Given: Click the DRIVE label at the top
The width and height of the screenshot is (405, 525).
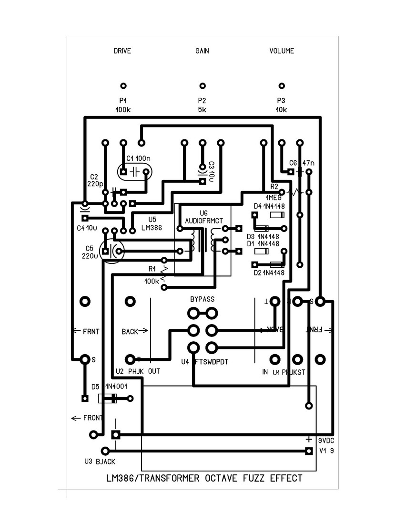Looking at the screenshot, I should coord(122,51).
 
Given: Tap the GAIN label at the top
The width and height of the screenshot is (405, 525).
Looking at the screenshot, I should coord(202,51).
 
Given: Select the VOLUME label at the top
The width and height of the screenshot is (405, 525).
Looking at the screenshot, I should coord(282,51).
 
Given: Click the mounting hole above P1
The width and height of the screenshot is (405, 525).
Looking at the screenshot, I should coord(123,86).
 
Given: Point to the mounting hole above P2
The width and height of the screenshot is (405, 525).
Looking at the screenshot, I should coord(202,86).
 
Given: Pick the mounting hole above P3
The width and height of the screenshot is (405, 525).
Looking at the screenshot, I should coord(282,86).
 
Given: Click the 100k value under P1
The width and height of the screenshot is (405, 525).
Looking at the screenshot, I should coord(123,110).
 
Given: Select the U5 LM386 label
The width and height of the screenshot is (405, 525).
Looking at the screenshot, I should coord(152,224).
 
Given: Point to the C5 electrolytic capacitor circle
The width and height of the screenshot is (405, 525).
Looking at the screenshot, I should coord(111,251).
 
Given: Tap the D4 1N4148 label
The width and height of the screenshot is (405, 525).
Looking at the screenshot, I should coord(269,206).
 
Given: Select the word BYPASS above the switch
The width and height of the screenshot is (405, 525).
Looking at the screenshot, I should coord(202,299).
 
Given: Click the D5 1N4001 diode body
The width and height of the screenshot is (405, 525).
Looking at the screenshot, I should coord(107,399).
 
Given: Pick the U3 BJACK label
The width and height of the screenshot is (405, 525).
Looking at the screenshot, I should coord(100,462).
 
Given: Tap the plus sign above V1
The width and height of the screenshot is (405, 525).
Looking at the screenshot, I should coord(309,439).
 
